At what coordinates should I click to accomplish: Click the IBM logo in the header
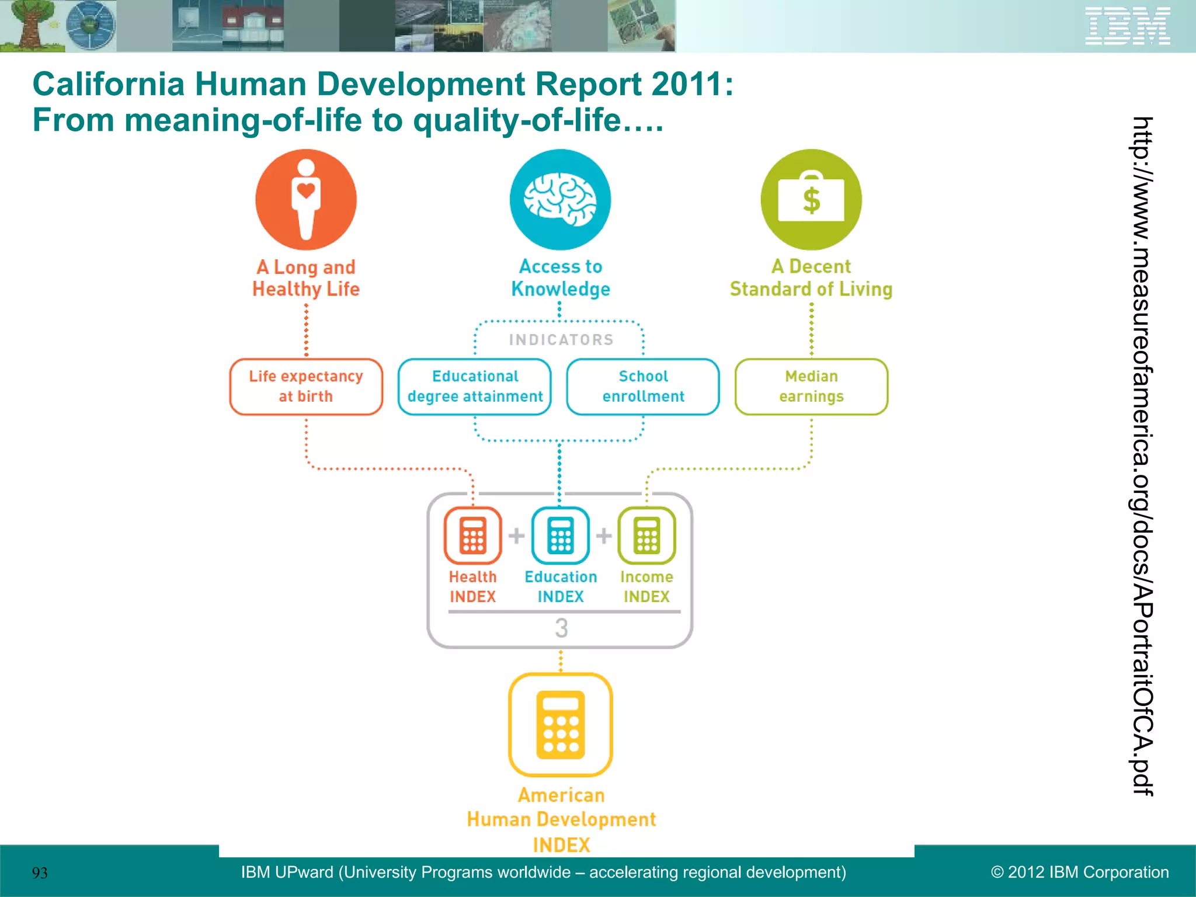(1127, 26)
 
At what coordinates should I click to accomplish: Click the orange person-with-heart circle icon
(306, 200)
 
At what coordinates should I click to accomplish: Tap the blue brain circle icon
(560, 200)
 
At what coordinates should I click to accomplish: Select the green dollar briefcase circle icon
(811, 200)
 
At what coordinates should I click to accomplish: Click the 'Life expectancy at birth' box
(306, 387)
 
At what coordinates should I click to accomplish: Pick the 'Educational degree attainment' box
(475, 387)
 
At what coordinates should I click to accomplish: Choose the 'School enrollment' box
(643, 387)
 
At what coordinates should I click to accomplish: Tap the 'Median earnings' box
(811, 387)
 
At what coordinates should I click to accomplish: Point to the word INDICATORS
(561, 340)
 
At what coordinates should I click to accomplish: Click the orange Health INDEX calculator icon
(472, 535)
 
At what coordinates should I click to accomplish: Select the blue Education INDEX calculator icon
(560, 535)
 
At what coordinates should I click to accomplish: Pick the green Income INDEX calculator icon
(646, 535)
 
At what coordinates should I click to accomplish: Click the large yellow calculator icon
(561, 725)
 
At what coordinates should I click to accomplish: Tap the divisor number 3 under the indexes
(561, 628)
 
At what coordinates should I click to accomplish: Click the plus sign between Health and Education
(516, 535)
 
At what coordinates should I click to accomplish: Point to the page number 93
(40, 873)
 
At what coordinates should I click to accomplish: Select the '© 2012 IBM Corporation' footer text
(1080, 872)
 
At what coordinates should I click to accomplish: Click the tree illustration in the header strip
(29, 26)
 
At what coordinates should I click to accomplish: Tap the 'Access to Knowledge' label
(561, 278)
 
